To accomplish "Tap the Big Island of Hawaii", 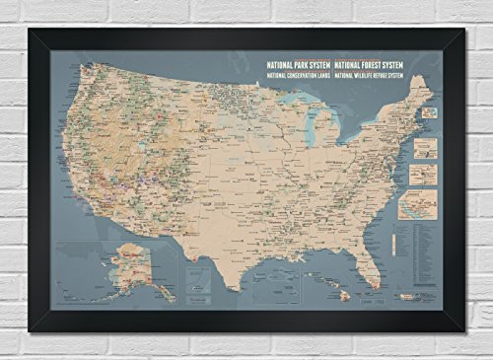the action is [x=344, y=297].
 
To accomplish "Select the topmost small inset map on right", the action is [x=430, y=112].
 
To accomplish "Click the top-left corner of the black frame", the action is [x=31, y=31].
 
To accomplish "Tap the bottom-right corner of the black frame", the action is [x=462, y=329].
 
